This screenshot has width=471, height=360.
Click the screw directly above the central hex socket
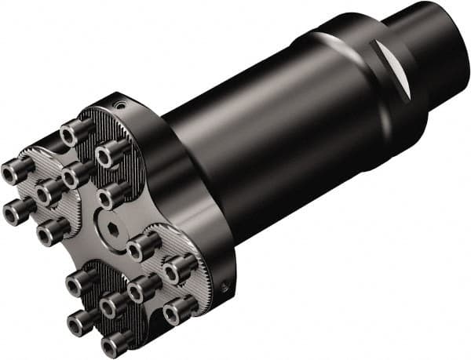pyautogui.click(x=115, y=192)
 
